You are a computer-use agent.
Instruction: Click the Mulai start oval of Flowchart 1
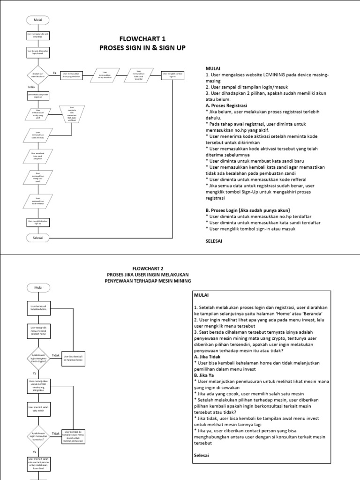pos(38,20)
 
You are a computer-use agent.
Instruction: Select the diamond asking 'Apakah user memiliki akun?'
pos(38,75)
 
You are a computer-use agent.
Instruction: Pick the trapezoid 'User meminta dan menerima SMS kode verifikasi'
pos(72,114)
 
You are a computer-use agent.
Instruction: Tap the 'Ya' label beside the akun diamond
pos(54,73)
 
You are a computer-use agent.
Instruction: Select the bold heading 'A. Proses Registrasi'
pos(227,106)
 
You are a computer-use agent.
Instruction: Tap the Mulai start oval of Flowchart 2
pos(38,287)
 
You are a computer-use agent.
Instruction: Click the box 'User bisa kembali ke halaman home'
pos(73,358)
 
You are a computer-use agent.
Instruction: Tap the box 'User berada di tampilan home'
pos(38,307)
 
